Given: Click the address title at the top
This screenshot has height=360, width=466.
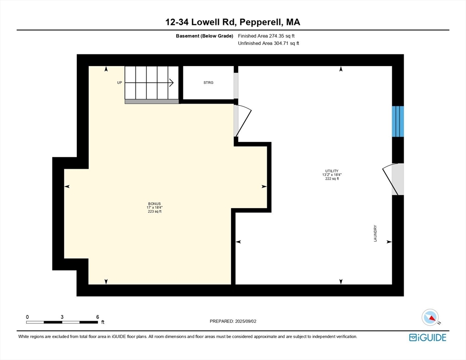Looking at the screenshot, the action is pyautogui.click(x=233, y=22).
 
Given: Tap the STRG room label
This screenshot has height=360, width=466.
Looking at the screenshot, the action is pyautogui.click(x=208, y=82).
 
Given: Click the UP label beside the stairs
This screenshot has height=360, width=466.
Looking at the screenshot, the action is pyautogui.click(x=120, y=82).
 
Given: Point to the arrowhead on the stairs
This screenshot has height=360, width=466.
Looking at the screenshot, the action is pyautogui.click(x=172, y=82).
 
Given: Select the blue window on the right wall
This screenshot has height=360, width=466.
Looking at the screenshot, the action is pyautogui.click(x=398, y=121).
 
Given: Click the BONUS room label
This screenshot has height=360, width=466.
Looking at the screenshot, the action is pyautogui.click(x=155, y=204).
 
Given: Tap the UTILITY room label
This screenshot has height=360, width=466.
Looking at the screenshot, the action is pyautogui.click(x=331, y=171).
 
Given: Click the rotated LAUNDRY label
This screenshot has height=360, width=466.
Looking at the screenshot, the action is pyautogui.click(x=375, y=233).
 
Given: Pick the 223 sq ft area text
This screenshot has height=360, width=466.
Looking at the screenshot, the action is pyautogui.click(x=155, y=212).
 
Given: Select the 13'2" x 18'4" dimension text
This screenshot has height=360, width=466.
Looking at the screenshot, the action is pyautogui.click(x=331, y=175).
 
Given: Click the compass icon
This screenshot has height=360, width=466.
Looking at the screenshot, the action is pyautogui.click(x=430, y=317).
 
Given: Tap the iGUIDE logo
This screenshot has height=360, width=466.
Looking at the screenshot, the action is pyautogui.click(x=428, y=337).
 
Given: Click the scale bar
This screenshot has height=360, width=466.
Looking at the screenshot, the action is pyautogui.click(x=62, y=322).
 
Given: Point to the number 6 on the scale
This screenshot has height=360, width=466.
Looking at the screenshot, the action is pyautogui.click(x=98, y=317).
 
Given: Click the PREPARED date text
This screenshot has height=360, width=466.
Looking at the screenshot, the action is pyautogui.click(x=233, y=322).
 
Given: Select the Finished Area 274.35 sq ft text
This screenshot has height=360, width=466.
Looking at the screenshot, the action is pyautogui.click(x=266, y=36).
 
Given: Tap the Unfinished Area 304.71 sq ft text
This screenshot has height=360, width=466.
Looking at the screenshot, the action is pyautogui.click(x=268, y=44).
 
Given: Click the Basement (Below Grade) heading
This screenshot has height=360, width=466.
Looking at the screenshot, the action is pyautogui.click(x=204, y=36).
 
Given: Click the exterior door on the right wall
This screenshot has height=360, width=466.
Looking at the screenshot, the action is pyautogui.click(x=393, y=179).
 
